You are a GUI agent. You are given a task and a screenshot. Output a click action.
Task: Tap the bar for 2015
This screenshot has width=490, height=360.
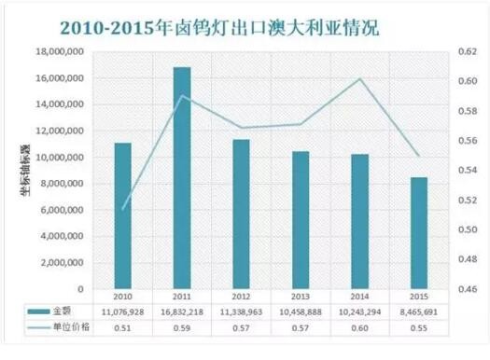(419, 233)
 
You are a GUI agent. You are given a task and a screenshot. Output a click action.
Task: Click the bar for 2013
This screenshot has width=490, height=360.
(301, 220)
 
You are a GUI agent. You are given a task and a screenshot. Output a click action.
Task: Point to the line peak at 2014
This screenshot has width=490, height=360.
(360, 78)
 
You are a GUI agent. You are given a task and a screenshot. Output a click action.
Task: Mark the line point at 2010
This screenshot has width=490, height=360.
(123, 209)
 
